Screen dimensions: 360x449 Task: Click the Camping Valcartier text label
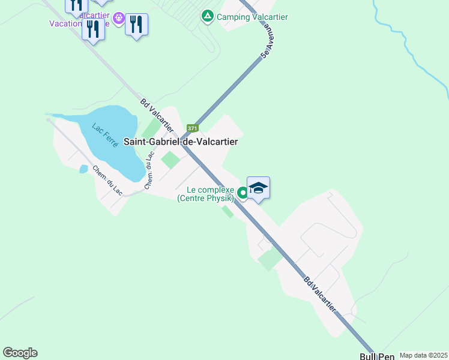252,17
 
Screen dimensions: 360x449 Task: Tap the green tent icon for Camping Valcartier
208,16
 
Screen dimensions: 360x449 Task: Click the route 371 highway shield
192,128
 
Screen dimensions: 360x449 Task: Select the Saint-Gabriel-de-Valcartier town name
181,142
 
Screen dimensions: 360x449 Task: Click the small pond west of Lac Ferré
83,169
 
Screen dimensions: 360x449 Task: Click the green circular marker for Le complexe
243,193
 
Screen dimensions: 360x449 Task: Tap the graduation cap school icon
258,188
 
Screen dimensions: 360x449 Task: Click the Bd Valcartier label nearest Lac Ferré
157,115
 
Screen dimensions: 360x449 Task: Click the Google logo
20,353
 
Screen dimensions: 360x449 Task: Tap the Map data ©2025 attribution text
423,355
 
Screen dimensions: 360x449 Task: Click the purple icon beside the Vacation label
119,18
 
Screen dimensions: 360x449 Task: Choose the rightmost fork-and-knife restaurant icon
137,24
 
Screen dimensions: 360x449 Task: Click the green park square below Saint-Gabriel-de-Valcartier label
170,160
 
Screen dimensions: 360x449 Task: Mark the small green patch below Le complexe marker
228,212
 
